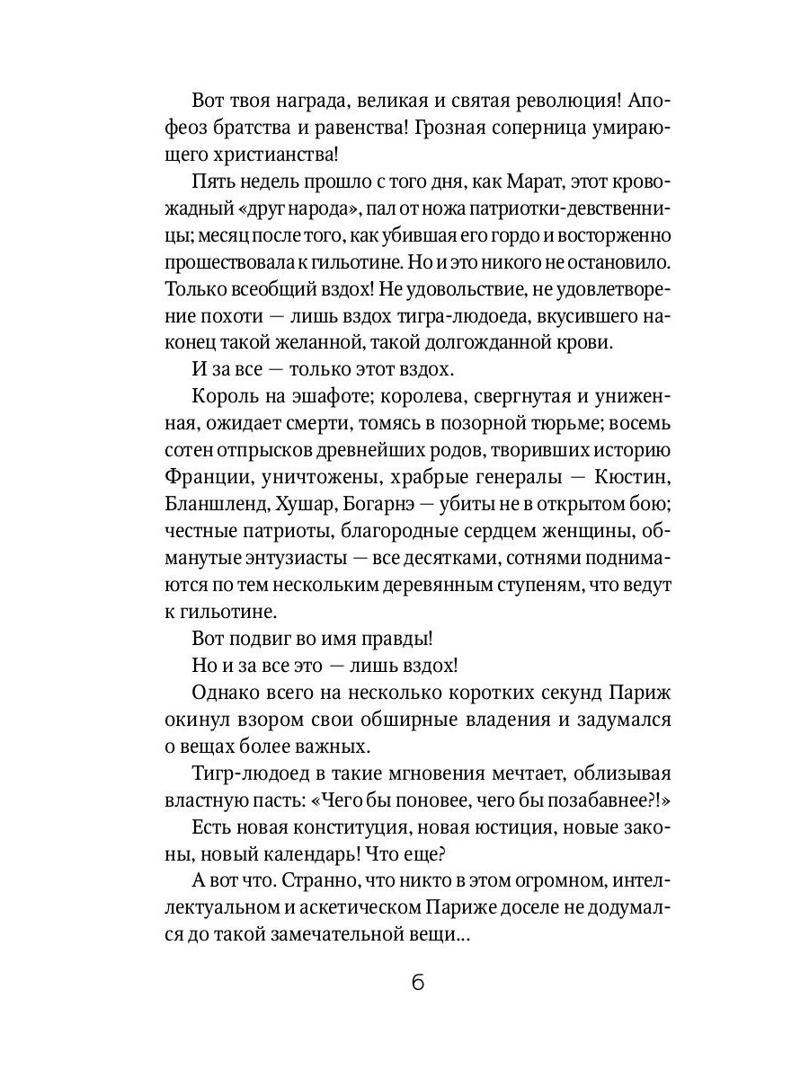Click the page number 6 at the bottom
coord(417,981)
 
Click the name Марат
coord(500,182)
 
